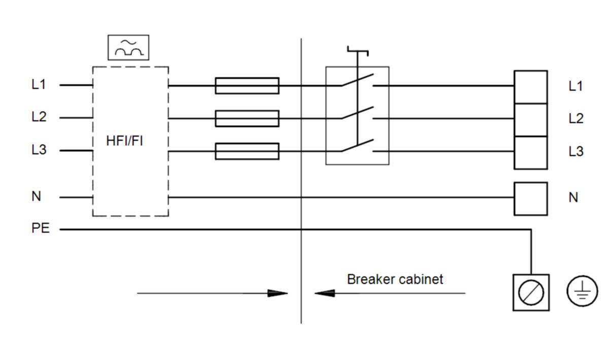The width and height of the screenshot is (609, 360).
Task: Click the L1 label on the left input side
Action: pos(39,84)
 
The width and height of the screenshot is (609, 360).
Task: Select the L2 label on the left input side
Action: pos(39,117)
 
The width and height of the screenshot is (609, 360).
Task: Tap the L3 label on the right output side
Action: pos(576,151)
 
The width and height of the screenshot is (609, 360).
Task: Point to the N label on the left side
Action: pos(36,196)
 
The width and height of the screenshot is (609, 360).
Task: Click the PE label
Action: pos(41,228)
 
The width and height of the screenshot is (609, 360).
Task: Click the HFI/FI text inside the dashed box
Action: pos(124,141)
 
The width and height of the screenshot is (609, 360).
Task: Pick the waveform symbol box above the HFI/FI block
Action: pos(128,47)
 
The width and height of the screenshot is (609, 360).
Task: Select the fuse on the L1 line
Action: pos(247,86)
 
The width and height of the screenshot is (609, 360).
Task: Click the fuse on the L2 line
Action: pos(247,118)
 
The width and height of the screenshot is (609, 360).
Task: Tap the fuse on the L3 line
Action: pos(247,151)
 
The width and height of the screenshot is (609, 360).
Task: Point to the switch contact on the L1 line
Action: pos(358,81)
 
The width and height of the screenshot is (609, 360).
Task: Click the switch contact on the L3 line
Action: pos(358,146)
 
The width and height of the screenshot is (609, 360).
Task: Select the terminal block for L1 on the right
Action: pos(530,87)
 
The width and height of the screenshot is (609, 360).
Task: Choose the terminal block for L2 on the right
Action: pos(530,119)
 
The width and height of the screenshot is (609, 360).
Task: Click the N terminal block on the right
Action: pos(530,199)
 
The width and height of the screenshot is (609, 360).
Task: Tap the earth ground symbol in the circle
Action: pos(582,292)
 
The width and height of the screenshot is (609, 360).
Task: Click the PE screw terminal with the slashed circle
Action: pos(531,292)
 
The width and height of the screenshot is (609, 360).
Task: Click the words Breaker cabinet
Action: pos(395,279)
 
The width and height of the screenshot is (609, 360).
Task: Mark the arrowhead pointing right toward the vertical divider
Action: pos(278,293)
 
